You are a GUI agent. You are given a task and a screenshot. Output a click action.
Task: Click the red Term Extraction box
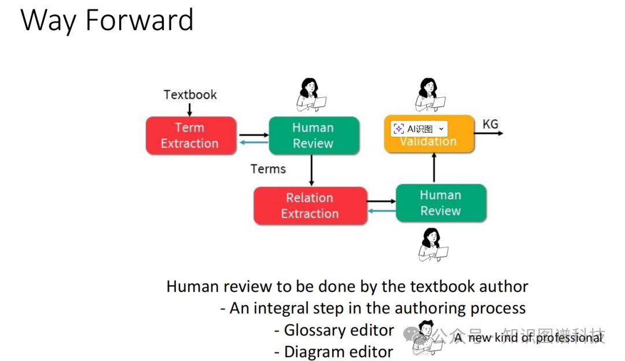190,136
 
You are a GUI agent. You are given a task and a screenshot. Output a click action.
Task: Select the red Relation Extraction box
310,206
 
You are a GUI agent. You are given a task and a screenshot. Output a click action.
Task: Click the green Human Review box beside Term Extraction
313,136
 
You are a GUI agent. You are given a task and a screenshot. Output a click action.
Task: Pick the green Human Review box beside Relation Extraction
440,203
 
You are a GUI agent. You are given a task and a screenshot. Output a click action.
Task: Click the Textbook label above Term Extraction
190,94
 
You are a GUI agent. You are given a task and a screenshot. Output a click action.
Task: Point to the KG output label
490,124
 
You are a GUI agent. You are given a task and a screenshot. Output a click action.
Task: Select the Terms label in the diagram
268,169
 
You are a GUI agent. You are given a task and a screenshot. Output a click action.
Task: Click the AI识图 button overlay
419,129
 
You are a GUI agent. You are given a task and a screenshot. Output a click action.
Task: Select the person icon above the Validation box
429,94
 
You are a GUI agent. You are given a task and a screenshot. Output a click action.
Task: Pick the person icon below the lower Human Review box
432,245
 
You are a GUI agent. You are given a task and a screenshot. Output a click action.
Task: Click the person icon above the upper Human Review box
311,94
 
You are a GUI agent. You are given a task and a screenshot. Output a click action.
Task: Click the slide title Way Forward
107,20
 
